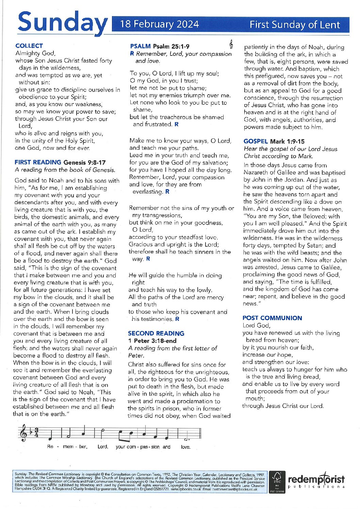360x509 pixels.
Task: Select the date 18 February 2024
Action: point(160,24)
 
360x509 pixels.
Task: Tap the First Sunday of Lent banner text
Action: point(295,24)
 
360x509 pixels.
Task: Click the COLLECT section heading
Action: point(29,46)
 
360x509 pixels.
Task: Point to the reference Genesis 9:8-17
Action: point(84,162)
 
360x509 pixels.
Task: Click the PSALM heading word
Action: point(140,46)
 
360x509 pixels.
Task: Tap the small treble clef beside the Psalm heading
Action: point(231,44)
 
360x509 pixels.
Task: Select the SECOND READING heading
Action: point(156,333)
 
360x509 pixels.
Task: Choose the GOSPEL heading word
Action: point(256,141)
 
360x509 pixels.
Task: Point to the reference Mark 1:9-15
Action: point(287,141)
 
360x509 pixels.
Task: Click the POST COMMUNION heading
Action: point(272,318)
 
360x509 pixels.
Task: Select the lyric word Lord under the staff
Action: point(102,447)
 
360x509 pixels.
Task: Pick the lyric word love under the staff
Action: point(185,447)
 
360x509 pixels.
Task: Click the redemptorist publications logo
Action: point(316,481)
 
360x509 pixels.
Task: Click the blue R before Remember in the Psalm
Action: point(132,54)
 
